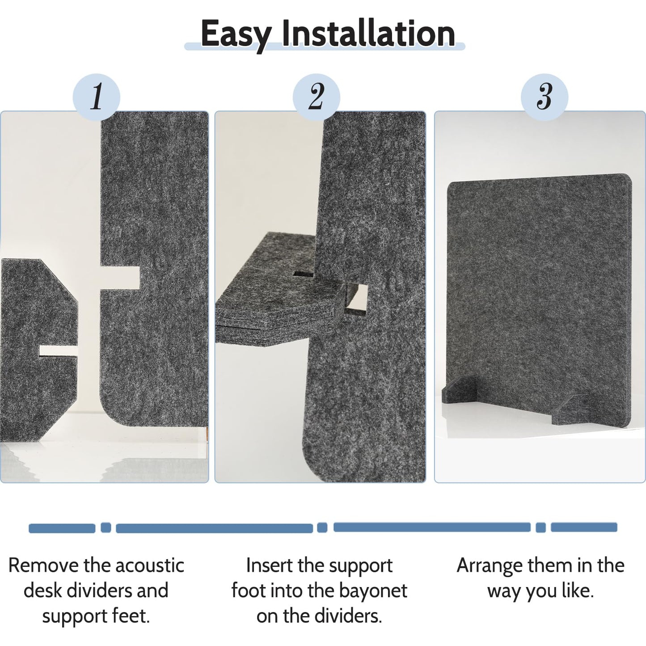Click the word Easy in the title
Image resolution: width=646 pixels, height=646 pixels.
(236, 34)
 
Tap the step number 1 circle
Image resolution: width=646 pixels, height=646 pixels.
(97, 97)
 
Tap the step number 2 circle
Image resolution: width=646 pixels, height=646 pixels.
(316, 97)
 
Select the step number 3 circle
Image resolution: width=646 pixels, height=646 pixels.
(544, 97)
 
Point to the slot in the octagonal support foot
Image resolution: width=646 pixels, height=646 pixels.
(58, 351)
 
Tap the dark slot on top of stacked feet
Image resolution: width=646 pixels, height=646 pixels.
(304, 274)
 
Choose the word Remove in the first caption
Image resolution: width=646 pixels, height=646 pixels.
(43, 565)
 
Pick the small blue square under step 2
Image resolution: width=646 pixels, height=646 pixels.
(322, 528)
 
